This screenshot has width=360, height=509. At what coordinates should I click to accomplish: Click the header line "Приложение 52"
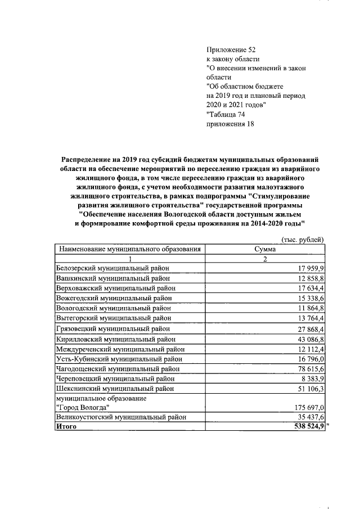pyautogui.click(x=232, y=49)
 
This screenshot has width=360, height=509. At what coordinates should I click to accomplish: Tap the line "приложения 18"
pyautogui.click(x=231, y=124)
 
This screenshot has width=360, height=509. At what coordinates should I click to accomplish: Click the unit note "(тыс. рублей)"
pyautogui.click(x=302, y=239)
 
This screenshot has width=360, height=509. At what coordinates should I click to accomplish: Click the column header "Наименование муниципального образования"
pyautogui.click(x=129, y=249)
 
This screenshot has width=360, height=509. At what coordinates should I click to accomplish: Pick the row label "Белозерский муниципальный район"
pyautogui.click(x=112, y=268)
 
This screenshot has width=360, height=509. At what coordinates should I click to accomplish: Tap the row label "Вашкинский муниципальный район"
pyautogui.click(x=111, y=278)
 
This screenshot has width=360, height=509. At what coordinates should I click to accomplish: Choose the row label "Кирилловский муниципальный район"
pyautogui.click(x=115, y=339)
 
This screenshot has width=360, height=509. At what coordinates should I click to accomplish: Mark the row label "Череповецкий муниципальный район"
pyautogui.click(x=115, y=379)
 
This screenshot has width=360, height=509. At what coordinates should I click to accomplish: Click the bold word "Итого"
pyautogui.click(x=66, y=427)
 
